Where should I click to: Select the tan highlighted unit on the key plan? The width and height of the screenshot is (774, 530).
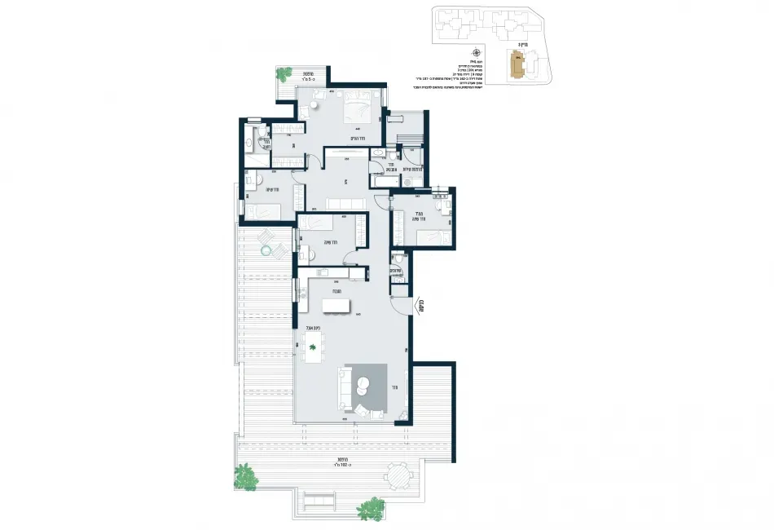click(516, 64)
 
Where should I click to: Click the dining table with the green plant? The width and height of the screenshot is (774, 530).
click(313, 348)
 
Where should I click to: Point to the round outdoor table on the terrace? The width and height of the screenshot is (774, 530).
click(398, 475)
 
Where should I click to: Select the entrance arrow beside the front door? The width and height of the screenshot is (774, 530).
click(423, 306)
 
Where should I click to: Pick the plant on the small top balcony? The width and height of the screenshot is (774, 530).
click(284, 73)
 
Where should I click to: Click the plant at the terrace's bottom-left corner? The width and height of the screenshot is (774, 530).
click(245, 475)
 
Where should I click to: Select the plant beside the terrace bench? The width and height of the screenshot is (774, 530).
click(371, 508)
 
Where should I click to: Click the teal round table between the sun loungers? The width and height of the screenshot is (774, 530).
click(264, 250)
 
